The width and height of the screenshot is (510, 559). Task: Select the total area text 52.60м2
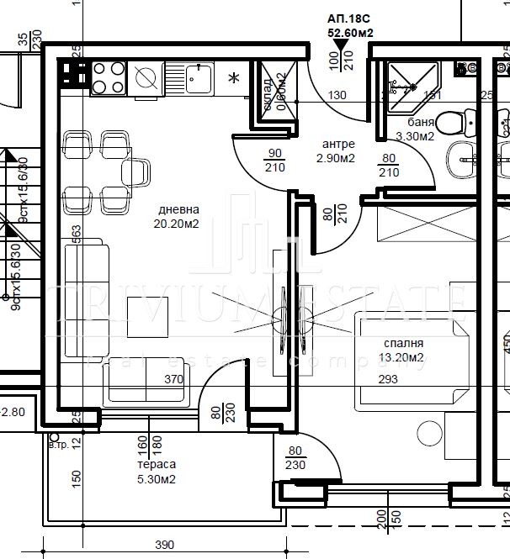point(350,33)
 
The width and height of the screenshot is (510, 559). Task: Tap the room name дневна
point(178,210)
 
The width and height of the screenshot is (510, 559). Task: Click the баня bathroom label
point(415,123)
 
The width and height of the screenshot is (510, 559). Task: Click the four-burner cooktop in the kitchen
point(108,77)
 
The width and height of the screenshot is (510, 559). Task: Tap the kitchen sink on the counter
point(198,80)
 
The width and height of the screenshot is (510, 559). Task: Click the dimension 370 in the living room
point(173,379)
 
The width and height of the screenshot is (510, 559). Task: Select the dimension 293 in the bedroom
point(388,380)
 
